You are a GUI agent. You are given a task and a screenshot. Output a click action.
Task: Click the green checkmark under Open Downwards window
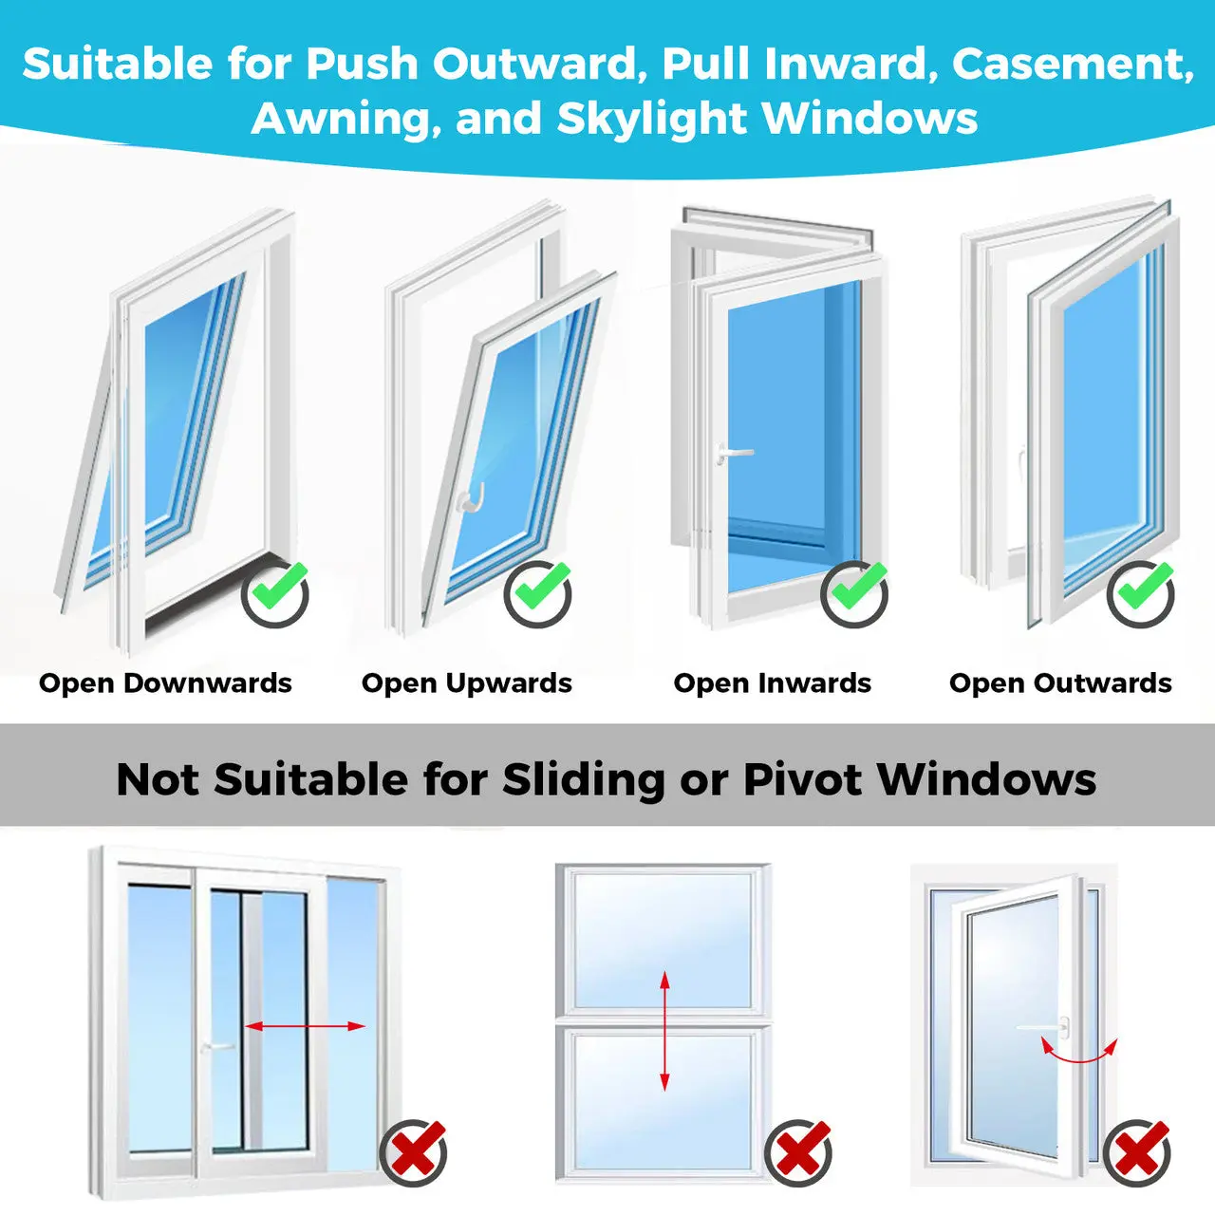point(275,593)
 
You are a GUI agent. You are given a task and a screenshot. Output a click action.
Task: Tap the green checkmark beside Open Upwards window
point(537,593)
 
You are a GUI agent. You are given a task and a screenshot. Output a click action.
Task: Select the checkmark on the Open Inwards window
point(854,593)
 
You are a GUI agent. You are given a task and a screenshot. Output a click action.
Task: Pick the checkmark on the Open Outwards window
point(1141,593)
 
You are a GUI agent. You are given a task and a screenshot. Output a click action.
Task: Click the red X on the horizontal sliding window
point(414,1152)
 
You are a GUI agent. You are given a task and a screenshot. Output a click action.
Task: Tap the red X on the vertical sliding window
point(798,1152)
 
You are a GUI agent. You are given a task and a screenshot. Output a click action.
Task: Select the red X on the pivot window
point(1137,1152)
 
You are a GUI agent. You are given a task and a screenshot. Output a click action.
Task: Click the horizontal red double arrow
point(305,1026)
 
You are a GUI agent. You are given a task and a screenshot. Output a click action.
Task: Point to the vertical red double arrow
point(664,1030)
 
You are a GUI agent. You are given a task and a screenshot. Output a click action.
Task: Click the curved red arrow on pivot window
point(1079,1052)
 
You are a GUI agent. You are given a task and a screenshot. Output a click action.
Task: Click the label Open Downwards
point(165,683)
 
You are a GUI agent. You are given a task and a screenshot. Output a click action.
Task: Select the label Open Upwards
point(467,683)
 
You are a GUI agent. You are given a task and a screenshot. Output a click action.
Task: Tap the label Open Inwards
point(772,683)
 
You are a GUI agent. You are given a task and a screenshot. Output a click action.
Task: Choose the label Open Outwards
point(1060,683)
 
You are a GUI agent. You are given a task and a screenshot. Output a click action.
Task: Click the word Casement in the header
point(1071,65)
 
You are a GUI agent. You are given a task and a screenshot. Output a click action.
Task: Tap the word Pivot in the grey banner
point(802,780)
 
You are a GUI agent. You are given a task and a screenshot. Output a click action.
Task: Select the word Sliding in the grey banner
point(583,780)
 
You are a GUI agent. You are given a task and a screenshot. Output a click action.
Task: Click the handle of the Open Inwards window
point(733,454)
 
